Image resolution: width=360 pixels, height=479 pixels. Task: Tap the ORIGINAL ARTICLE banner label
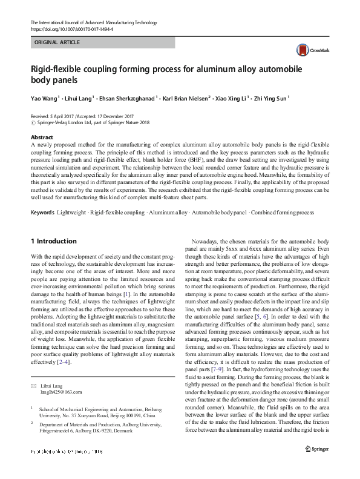(57, 43)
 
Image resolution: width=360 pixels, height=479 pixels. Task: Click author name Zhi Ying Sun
(270, 96)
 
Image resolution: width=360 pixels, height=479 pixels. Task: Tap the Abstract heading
(42, 137)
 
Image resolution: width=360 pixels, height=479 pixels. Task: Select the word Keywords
(43, 213)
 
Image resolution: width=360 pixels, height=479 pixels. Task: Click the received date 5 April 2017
(67, 115)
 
